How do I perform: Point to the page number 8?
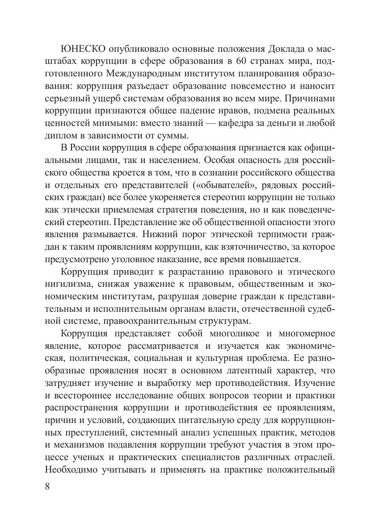pyautogui.click(x=48, y=486)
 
